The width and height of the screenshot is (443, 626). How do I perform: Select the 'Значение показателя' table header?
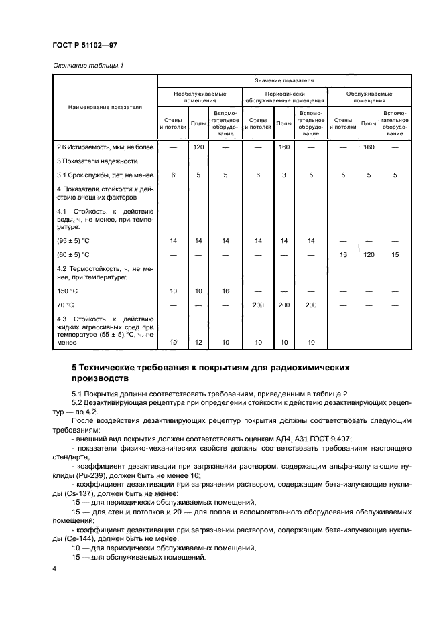click(286, 80)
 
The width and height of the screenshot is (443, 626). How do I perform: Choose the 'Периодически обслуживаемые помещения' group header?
click(286, 98)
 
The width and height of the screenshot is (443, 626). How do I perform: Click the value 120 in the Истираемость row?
click(198, 147)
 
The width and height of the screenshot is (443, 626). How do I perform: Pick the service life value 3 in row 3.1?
click(284, 175)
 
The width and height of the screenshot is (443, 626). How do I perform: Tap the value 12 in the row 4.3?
click(198, 342)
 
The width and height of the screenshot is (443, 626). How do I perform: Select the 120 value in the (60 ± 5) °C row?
click(369, 254)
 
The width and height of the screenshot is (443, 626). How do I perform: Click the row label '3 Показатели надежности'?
click(97, 161)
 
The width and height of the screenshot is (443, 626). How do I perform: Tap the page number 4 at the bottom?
click(54, 569)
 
